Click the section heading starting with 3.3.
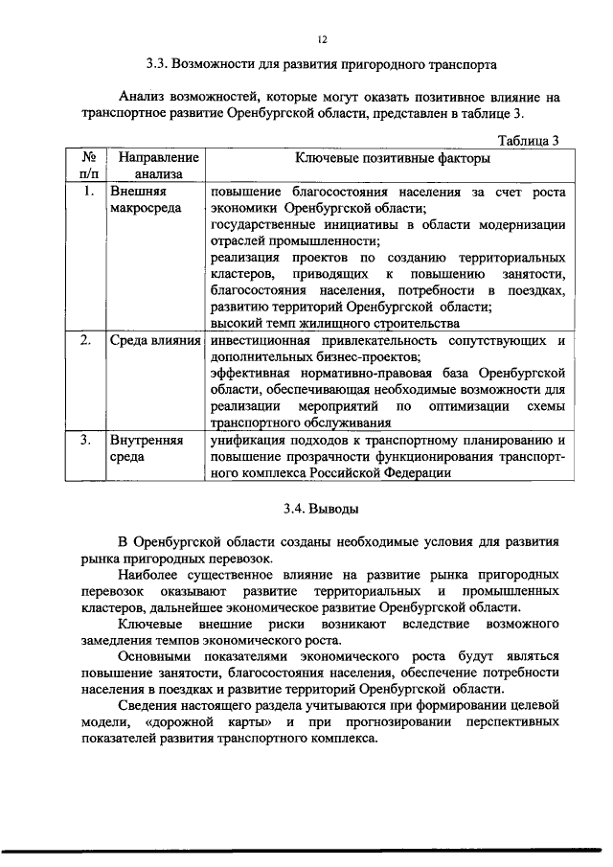pos(322,67)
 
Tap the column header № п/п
pos(87,166)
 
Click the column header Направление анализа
pos(153,166)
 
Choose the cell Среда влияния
pos(154,340)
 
